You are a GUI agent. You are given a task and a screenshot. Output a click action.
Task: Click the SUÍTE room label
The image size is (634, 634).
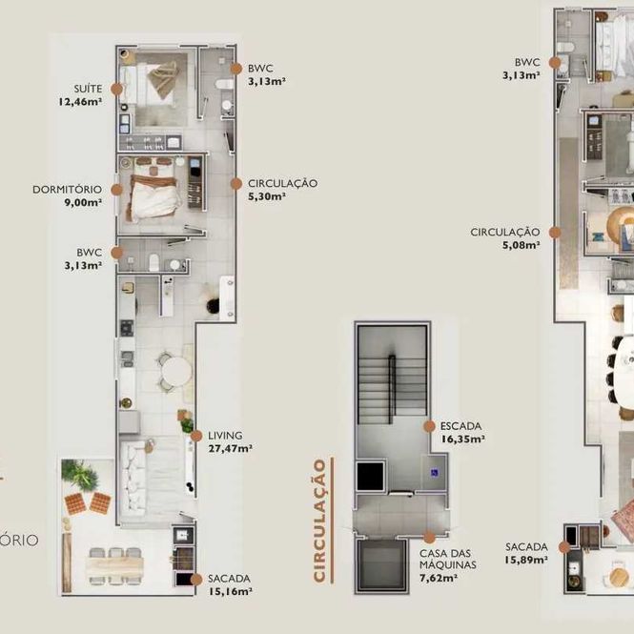click(x=88, y=88)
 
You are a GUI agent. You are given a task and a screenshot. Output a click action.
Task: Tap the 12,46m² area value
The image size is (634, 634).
click(x=80, y=101)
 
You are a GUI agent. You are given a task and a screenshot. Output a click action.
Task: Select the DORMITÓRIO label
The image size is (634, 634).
click(x=67, y=189)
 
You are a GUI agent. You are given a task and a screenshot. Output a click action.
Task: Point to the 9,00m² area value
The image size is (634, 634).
click(x=83, y=202)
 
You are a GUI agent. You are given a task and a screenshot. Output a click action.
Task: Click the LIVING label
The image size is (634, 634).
click(x=225, y=436)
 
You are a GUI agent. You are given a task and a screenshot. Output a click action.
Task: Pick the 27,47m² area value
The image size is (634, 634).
click(x=231, y=448)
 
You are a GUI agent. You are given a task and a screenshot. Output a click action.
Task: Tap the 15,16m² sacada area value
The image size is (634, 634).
click(x=231, y=591)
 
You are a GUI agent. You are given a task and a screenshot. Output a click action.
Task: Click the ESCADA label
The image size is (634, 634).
click(x=460, y=426)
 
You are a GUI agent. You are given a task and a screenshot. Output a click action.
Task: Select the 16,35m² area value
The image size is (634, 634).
click(x=463, y=439)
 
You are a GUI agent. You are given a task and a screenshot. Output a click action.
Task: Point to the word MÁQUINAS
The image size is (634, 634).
click(x=447, y=564)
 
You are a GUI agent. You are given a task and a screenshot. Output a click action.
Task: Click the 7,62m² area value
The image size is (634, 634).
click(x=439, y=578)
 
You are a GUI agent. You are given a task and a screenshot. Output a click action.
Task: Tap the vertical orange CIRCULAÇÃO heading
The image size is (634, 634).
click(x=319, y=521)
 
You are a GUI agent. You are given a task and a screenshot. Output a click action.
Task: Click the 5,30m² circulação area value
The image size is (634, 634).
click(x=267, y=196)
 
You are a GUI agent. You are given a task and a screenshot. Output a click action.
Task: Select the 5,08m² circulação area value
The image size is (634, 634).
click(x=522, y=245)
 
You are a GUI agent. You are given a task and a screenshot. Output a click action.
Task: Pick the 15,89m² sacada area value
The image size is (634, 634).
click(x=526, y=560)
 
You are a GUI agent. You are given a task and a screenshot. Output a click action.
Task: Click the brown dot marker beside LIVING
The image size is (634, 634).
click(x=196, y=436)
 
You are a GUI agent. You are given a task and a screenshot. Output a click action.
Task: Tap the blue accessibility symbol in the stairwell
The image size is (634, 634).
click(x=435, y=472)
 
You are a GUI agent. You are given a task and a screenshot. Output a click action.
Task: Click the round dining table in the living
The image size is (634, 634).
click(x=176, y=371)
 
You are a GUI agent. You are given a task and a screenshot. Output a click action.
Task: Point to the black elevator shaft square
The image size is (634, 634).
click(x=370, y=476)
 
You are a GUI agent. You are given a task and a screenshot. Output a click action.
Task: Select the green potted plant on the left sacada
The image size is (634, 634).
click(x=80, y=475)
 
